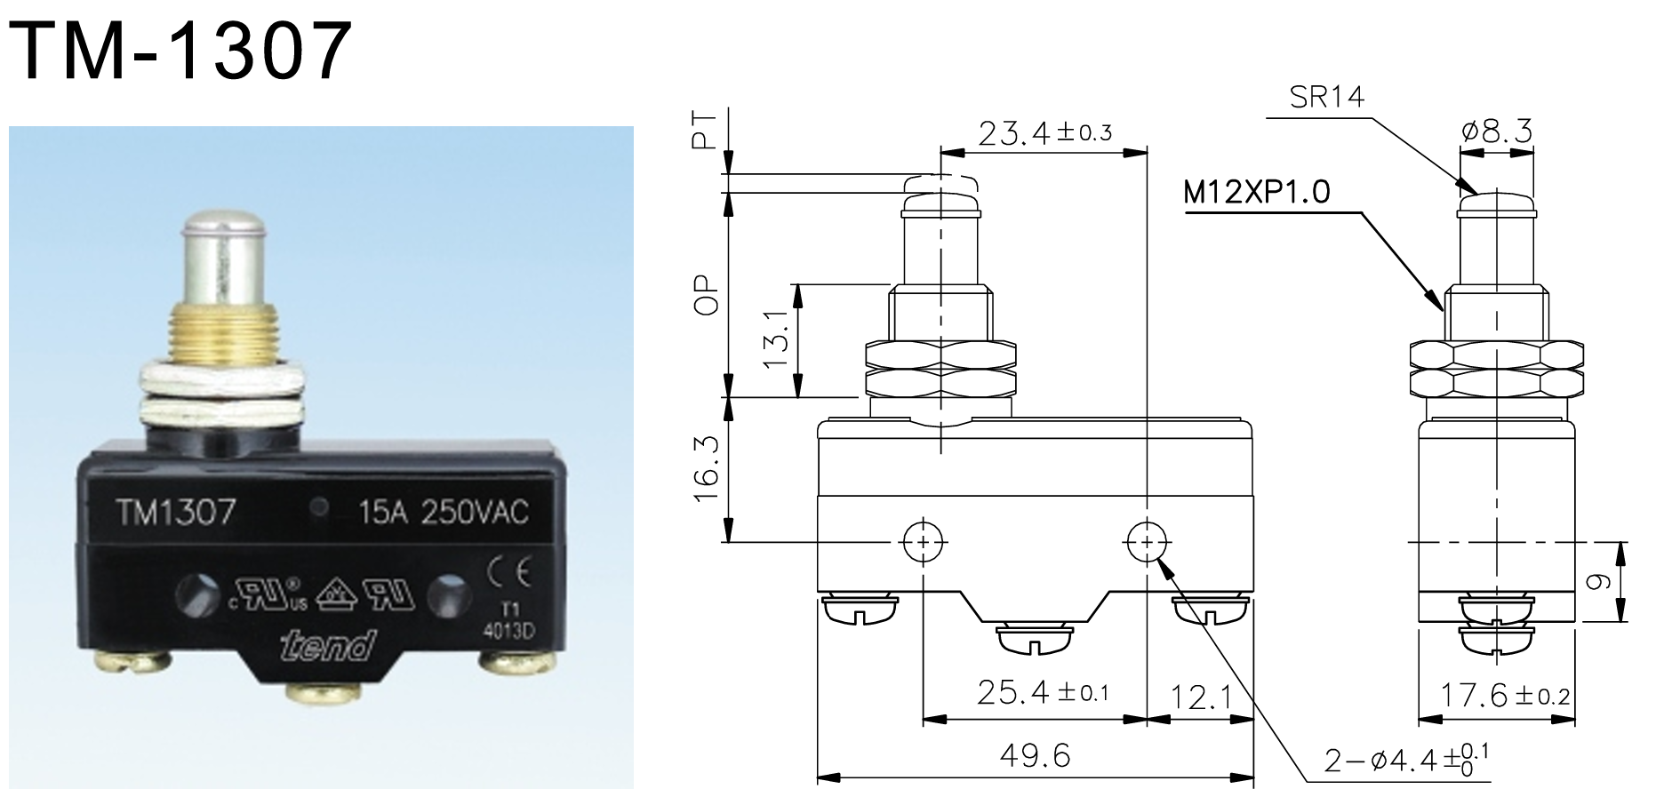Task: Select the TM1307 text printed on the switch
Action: pyautogui.click(x=175, y=512)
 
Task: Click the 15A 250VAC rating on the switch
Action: pyautogui.click(x=443, y=512)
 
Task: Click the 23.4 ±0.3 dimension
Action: pyautogui.click(x=1044, y=133)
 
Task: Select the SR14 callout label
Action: pyautogui.click(x=1327, y=97)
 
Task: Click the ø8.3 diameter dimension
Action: pyautogui.click(x=1497, y=132)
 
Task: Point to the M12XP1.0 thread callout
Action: pyautogui.click(x=1257, y=191)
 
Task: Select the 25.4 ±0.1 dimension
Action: pyautogui.click(x=1042, y=692)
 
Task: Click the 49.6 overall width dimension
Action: pyautogui.click(x=1035, y=756)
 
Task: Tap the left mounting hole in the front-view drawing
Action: pyautogui.click(x=924, y=540)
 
